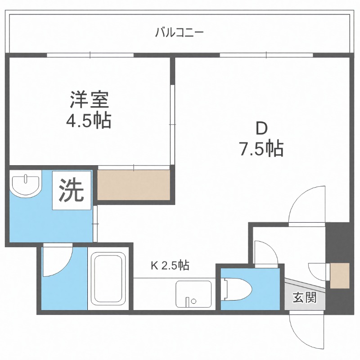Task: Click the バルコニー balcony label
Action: pyautogui.click(x=180, y=32)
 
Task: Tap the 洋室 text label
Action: pyautogui.click(x=90, y=99)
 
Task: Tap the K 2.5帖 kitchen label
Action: pyautogui.click(x=169, y=265)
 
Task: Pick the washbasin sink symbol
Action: pyautogui.click(x=24, y=185)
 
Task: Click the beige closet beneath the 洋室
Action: pyautogui.click(x=134, y=184)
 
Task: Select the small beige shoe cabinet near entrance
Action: pyautogui.click(x=340, y=275)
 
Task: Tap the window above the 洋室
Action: pyautogui.click(x=90, y=55)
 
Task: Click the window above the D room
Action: pyautogui.click(x=266, y=55)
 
